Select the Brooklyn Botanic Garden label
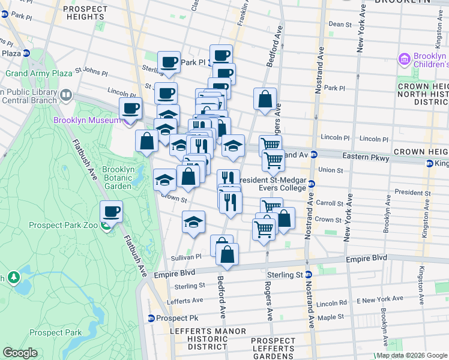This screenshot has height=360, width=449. (118, 178)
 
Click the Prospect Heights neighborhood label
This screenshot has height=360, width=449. (85, 13)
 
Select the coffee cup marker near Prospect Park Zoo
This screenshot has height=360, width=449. (112, 212)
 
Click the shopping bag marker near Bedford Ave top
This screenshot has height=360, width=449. (265, 100)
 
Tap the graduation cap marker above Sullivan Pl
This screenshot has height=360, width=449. (193, 223)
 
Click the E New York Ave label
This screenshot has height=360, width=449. (380, 299)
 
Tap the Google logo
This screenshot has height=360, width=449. (20, 353)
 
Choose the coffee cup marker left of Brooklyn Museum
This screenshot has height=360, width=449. (130, 109)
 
